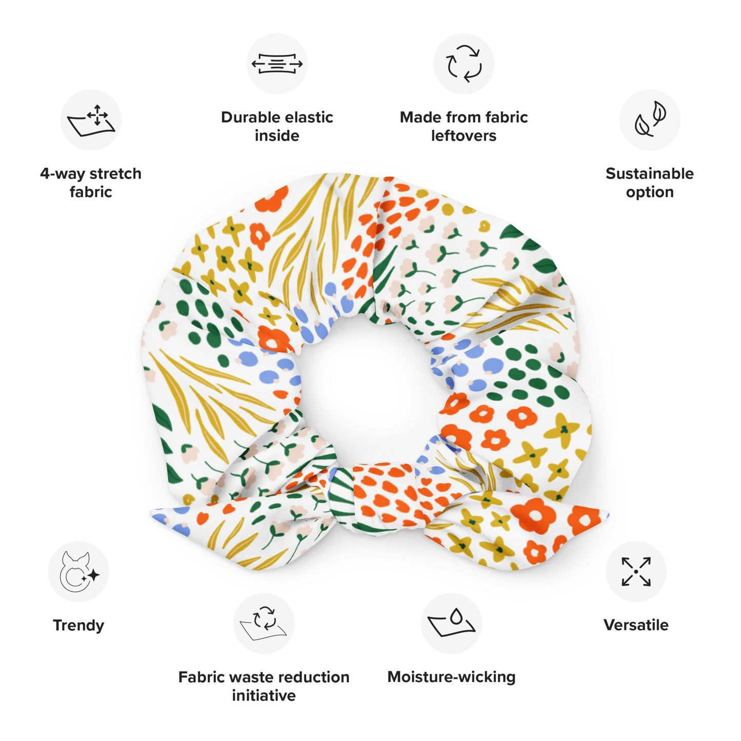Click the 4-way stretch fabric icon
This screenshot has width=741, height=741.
[x=91, y=121]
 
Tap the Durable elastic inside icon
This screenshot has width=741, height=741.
[x=277, y=64]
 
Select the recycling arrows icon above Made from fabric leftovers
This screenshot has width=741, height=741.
[x=464, y=64]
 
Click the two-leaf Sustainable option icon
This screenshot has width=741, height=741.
[x=650, y=120]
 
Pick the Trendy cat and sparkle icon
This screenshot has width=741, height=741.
[x=78, y=572]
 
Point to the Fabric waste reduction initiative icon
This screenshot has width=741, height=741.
[x=264, y=624]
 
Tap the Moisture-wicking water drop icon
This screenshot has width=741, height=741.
[x=451, y=624]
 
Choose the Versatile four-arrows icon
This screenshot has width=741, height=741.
[x=636, y=572]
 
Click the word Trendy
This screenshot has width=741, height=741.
[x=78, y=626]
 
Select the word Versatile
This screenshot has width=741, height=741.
[x=636, y=625]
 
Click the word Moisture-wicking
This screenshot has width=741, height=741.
[x=451, y=677]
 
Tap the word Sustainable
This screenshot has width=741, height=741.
[x=650, y=173]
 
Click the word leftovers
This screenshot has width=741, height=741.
[x=464, y=136]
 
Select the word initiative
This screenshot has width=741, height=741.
[x=264, y=696]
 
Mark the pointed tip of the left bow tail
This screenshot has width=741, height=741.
[x=152, y=514]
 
